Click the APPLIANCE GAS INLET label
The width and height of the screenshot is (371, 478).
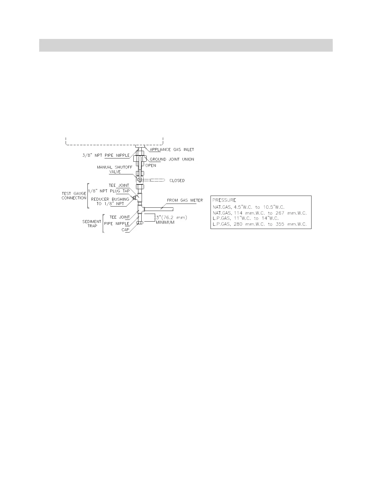pos(172,150)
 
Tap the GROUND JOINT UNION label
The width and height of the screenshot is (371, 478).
pos(172,159)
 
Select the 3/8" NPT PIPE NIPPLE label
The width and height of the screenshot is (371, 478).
pos(106,155)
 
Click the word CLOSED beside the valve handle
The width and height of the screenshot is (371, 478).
pos(177,181)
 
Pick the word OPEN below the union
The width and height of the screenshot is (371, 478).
pos(150,166)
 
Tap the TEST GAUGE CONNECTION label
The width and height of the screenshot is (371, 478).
pos(74,196)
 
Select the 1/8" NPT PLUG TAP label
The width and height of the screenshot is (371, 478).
pos(109,191)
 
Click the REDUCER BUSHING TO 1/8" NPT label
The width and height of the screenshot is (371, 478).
pos(110,202)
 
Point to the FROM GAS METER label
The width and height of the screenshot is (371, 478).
pos(185,200)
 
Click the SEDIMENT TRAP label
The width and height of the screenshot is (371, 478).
pos(92,224)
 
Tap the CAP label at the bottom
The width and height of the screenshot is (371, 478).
pos(125,230)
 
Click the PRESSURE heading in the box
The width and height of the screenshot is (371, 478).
pos(224,200)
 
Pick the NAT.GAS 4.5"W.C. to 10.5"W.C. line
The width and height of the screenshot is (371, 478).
pos(249,207)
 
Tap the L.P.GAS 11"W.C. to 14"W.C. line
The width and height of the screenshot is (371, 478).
pos(246,218)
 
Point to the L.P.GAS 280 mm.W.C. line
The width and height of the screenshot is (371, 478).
pos(259,224)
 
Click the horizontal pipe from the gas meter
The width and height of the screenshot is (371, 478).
pos(159,209)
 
